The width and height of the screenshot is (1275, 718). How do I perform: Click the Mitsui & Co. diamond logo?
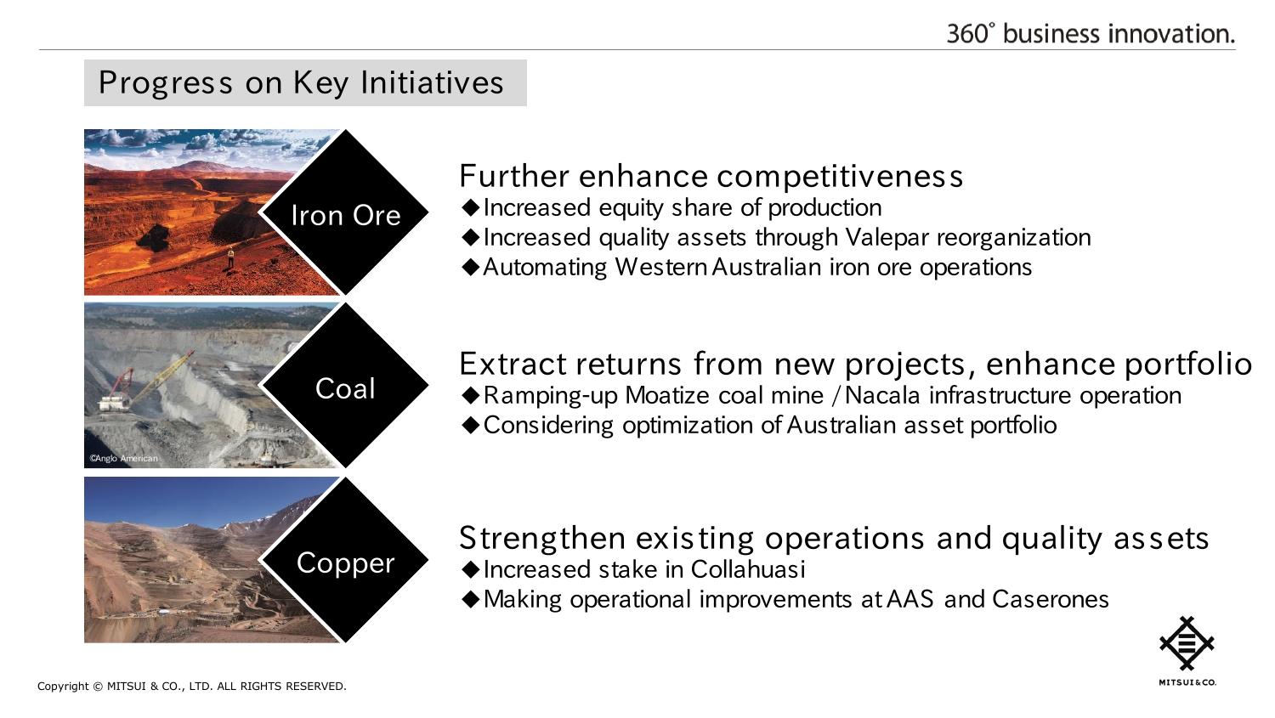[1187, 643]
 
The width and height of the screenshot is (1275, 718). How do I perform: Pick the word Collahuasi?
[748, 569]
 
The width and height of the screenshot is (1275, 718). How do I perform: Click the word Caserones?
[1050, 599]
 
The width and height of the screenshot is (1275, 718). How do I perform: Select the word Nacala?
[882, 395]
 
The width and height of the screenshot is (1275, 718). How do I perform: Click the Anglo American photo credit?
[123, 459]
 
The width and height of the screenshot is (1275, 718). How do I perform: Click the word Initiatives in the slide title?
[432, 83]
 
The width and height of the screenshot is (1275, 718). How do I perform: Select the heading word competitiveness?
[840, 177]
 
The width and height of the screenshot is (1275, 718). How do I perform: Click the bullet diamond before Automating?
[471, 267]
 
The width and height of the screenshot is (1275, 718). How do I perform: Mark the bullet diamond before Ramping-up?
[471, 395]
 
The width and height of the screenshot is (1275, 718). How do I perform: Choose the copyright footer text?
[192, 687]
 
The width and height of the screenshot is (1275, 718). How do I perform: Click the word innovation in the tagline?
[1171, 34]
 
